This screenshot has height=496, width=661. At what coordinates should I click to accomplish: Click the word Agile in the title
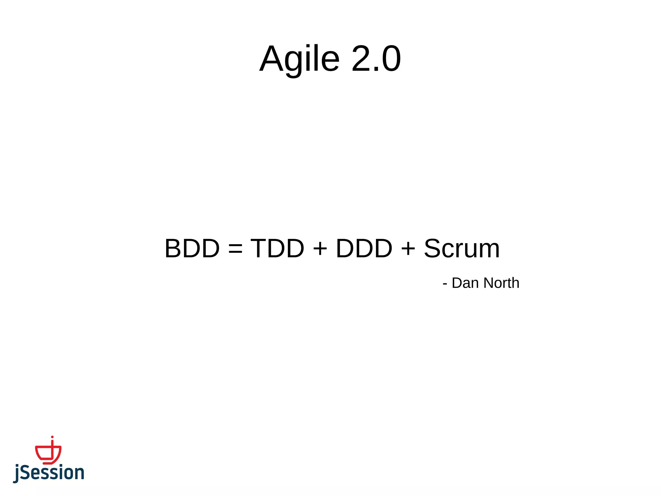click(300, 59)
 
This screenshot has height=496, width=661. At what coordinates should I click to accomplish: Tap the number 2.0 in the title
click(376, 59)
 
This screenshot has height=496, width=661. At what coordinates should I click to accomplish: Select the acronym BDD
click(192, 248)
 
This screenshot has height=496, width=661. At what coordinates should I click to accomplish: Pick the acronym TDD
click(277, 248)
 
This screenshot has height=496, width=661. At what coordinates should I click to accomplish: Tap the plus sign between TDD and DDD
click(320, 249)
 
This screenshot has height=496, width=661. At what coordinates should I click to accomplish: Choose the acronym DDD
click(364, 248)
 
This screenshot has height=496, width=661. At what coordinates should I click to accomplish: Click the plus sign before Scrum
click(408, 249)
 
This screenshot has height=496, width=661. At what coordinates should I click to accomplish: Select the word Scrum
click(462, 248)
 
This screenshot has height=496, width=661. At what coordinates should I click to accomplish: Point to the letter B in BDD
click(174, 248)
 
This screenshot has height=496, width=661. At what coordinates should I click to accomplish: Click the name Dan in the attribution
click(465, 283)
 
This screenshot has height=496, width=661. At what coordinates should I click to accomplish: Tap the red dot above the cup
click(52, 437)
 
